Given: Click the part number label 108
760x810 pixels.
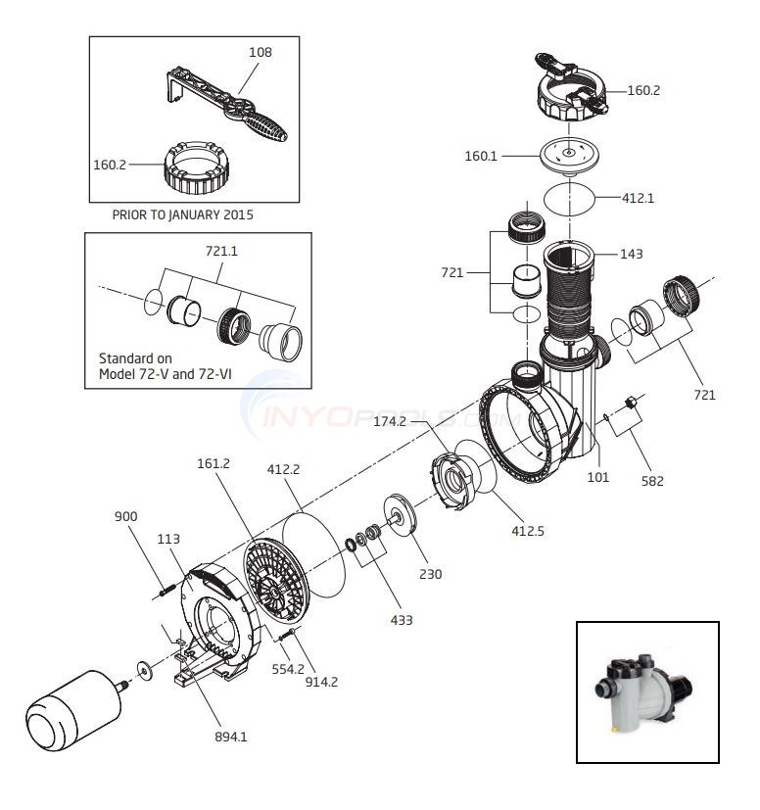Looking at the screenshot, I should pyautogui.click(x=261, y=52).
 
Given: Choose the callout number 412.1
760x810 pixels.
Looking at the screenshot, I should pyautogui.click(x=638, y=198).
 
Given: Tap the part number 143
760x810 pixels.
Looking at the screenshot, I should pyautogui.click(x=633, y=253).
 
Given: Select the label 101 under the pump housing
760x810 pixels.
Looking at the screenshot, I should pyautogui.click(x=597, y=478).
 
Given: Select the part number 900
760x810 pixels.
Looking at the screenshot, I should pyautogui.click(x=125, y=514).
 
